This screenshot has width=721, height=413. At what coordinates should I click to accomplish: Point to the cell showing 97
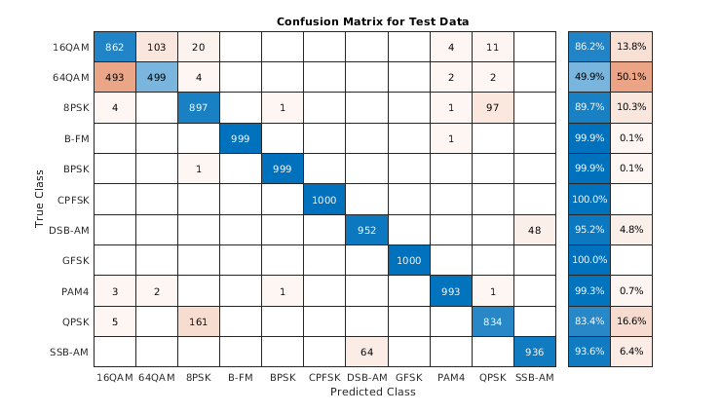pyautogui.click(x=493, y=107)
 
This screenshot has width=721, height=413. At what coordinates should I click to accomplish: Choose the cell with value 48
pyautogui.click(x=535, y=229)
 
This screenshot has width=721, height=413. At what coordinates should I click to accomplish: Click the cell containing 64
pyautogui.click(x=367, y=351)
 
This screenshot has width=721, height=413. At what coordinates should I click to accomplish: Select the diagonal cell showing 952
pyautogui.click(x=367, y=229)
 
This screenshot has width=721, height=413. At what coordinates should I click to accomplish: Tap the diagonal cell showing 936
pyautogui.click(x=535, y=351)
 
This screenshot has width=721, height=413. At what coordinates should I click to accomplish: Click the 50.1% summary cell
pyautogui.click(x=631, y=77)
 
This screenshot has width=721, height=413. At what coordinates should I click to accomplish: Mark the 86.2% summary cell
pyautogui.click(x=589, y=46)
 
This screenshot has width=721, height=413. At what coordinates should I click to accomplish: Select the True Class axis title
pyautogui.click(x=40, y=199)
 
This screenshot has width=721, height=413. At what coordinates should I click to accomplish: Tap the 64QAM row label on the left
pyautogui.click(x=71, y=77)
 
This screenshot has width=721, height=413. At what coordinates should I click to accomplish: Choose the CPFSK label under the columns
pyautogui.click(x=325, y=377)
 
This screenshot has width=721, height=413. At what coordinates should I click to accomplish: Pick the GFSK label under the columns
pyautogui.click(x=409, y=377)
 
